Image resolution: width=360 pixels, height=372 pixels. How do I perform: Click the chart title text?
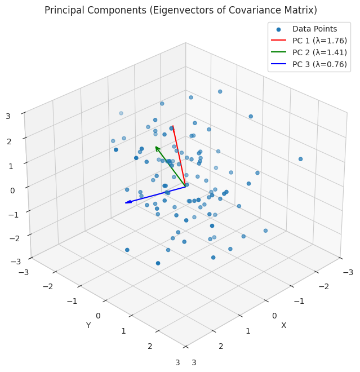click(x=180, y=10)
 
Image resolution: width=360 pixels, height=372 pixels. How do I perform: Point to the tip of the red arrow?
click(x=172, y=126)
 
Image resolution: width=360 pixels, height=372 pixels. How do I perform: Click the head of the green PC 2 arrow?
click(x=155, y=147)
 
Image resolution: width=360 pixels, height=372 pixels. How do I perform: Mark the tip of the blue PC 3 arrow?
click(x=126, y=203)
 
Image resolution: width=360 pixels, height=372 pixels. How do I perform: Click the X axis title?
click(x=283, y=325)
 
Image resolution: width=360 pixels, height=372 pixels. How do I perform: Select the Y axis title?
click(x=88, y=325)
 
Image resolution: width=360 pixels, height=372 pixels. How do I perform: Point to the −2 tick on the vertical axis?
click(x=14, y=238)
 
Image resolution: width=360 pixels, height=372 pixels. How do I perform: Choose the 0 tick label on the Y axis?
click(x=98, y=316)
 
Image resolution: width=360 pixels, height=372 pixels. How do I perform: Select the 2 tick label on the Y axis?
click(x=150, y=346)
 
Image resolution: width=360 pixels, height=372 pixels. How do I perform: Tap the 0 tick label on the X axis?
click(x=274, y=316)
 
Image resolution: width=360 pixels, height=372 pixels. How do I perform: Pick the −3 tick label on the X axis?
click(x=348, y=272)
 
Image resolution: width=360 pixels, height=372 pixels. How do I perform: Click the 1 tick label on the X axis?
click(x=248, y=331)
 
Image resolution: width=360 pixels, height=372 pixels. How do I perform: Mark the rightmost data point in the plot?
click(x=300, y=159)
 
